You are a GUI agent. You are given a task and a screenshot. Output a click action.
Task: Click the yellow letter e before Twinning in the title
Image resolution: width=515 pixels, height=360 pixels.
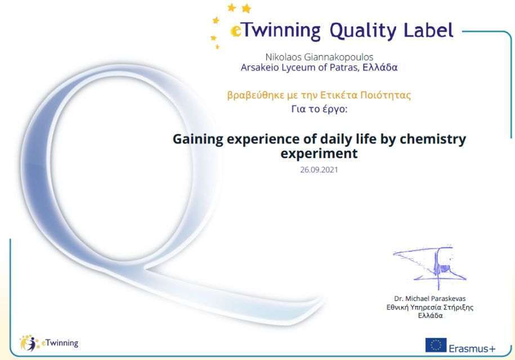(236, 31)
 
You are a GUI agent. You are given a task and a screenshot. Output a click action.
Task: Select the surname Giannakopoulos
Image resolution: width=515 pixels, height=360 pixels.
(339, 57)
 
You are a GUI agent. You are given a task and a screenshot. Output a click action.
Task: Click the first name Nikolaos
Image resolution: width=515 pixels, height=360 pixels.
(283, 57)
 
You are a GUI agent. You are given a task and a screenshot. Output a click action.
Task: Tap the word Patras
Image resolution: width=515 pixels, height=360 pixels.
(344, 67)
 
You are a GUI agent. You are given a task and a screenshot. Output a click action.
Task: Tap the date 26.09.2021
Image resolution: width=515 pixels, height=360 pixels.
(319, 170)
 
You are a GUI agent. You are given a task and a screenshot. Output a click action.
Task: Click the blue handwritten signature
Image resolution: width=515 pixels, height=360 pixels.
(430, 263)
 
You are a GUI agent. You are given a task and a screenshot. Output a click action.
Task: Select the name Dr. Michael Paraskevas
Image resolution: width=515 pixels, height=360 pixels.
(430, 299)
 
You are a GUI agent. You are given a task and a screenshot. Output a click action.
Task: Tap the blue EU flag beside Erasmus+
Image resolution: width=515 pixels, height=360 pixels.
(436, 345)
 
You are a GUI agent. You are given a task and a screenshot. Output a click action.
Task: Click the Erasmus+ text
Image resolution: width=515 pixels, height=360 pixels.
(472, 349)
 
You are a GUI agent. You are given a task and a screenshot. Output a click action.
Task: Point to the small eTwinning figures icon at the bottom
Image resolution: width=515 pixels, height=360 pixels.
(29, 343)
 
